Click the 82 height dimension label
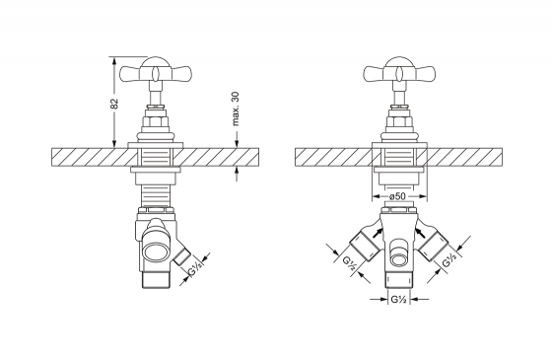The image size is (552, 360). pos(114,104)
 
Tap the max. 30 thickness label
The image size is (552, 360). pos(236,108)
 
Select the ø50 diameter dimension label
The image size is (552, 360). pos(399,196)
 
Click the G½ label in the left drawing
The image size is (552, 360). pos(195,270)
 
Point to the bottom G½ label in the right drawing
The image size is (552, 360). pos(399,300)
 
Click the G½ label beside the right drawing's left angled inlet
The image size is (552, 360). pos(350,263)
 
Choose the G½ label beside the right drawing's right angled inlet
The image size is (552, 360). pos(449,260)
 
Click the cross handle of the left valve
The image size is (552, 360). pos(156,73)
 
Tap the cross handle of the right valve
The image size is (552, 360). pos(399,73)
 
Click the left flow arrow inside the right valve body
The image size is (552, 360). pos(378,233)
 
